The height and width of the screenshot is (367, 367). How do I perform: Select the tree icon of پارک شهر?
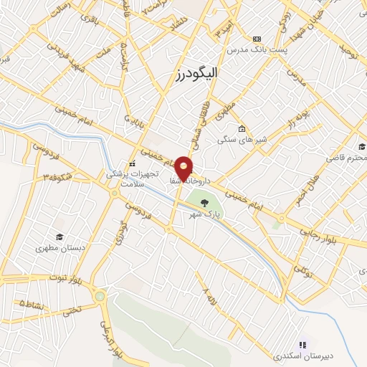pos(206,183)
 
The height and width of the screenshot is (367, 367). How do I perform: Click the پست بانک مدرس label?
pos(257,50)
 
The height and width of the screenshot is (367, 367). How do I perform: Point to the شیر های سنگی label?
pos(241,139)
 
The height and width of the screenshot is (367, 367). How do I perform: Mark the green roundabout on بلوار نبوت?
pos(100,295)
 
